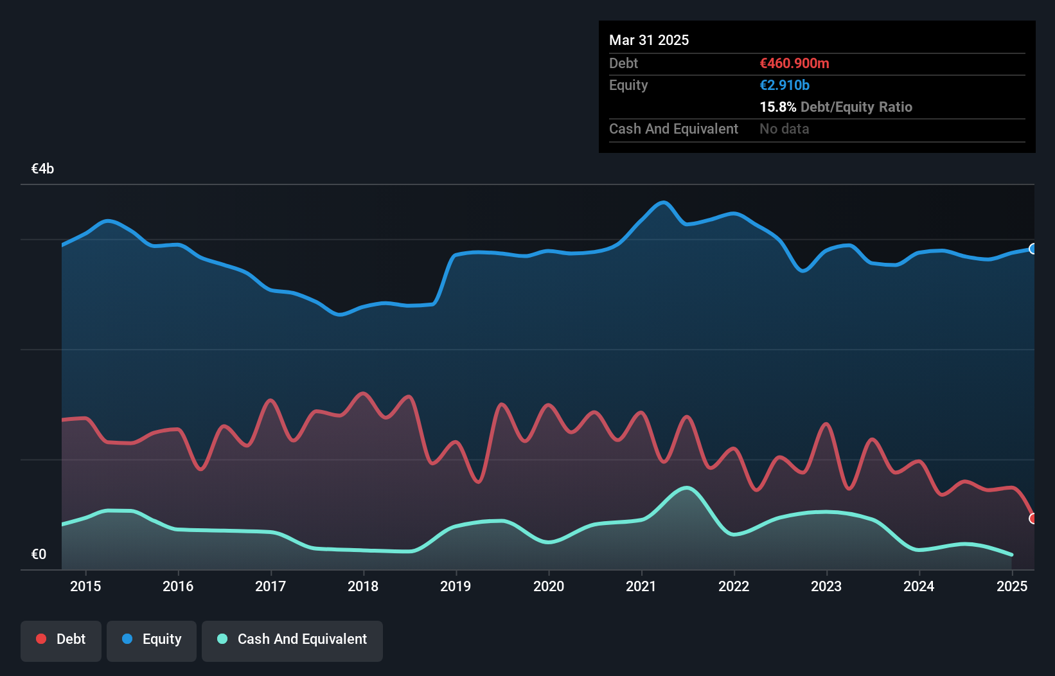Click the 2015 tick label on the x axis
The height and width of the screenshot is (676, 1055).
pyautogui.click(x=85, y=586)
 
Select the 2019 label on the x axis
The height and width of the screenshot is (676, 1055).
pyautogui.click(x=456, y=586)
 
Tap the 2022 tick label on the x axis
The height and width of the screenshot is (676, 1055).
pyautogui.click(x=734, y=586)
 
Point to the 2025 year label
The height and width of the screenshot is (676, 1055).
pyautogui.click(x=1011, y=586)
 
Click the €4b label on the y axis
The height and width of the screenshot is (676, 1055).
pyautogui.click(x=42, y=169)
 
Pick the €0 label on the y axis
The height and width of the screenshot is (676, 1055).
pyautogui.click(x=39, y=554)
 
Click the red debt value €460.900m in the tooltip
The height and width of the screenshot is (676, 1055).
pyautogui.click(x=794, y=64)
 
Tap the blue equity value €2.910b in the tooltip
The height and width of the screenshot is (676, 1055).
pyautogui.click(x=785, y=85)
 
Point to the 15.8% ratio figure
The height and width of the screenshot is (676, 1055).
pyautogui.click(x=777, y=107)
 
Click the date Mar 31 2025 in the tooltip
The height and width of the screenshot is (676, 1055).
pyautogui.click(x=649, y=40)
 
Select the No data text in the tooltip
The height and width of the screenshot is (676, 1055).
pyautogui.click(x=784, y=129)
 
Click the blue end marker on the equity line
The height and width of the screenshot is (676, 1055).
pyautogui.click(x=1033, y=249)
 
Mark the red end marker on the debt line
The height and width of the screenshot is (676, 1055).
pyautogui.click(x=1033, y=519)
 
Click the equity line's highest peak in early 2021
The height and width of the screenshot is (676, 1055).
pyautogui.click(x=663, y=203)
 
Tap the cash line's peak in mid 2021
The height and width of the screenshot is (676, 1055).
pyautogui.click(x=687, y=488)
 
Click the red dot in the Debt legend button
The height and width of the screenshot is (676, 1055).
pyautogui.click(x=41, y=639)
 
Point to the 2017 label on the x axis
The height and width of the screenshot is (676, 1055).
pyautogui.click(x=270, y=586)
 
